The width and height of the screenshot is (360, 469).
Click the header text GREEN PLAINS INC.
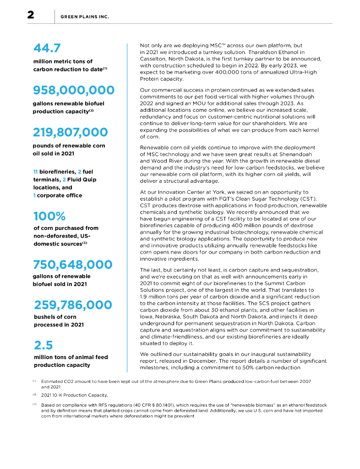click(x=85, y=17)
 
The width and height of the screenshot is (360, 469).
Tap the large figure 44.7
click(x=47, y=48)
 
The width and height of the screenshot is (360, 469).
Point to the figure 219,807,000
click(x=70, y=132)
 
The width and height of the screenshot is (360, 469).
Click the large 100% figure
click(x=49, y=216)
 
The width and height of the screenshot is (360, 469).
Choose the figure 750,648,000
click(x=72, y=265)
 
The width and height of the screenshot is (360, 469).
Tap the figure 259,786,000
click(x=73, y=305)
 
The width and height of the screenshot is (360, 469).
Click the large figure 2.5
click(x=44, y=345)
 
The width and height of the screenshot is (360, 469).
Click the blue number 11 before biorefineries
click(x=36, y=171)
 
